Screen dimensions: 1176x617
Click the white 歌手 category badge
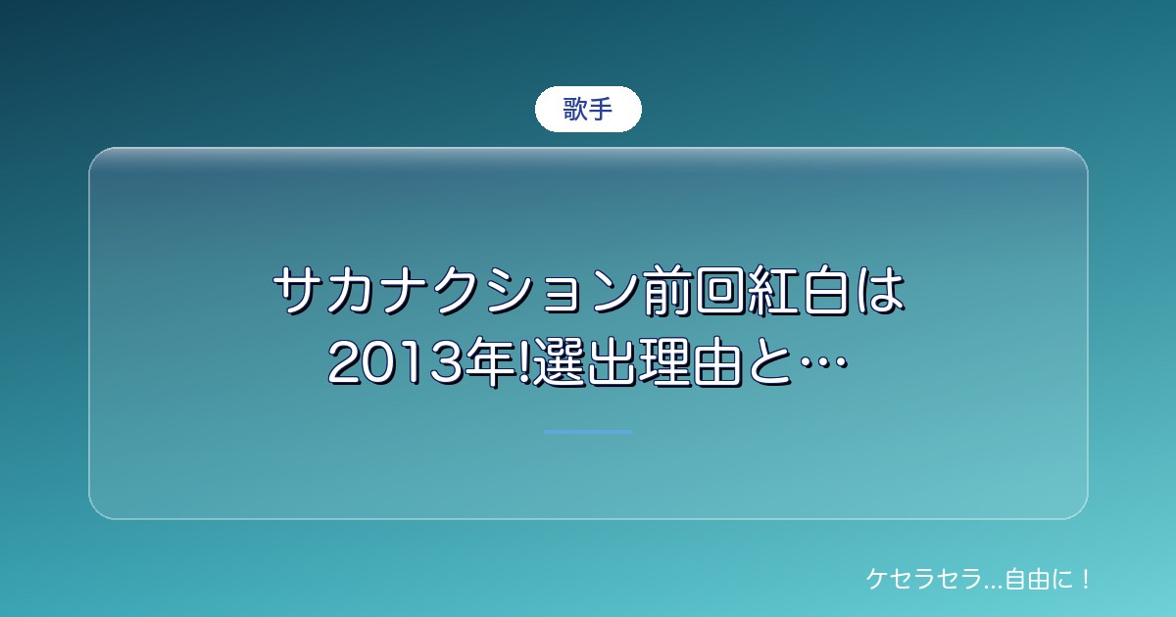pyautogui.click(x=588, y=109)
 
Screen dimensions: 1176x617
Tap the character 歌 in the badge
pyautogui.click(x=575, y=109)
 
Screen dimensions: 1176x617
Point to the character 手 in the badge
pyautogui.click(x=601, y=109)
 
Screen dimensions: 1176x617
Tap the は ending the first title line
pyautogui.click(x=879, y=291)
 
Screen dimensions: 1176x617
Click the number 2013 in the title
pyautogui.click(x=397, y=363)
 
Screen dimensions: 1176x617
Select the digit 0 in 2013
pyautogui.click(x=380, y=363)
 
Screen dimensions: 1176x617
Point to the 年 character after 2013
pyautogui.click(x=492, y=363)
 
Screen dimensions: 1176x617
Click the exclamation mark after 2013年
pyautogui.click(x=525, y=363)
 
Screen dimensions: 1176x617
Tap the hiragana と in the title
pyautogui.click(x=769, y=363)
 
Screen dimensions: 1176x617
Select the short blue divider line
pyautogui.click(x=588, y=432)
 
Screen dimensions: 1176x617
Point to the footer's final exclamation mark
pyautogui.click(x=1086, y=579)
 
